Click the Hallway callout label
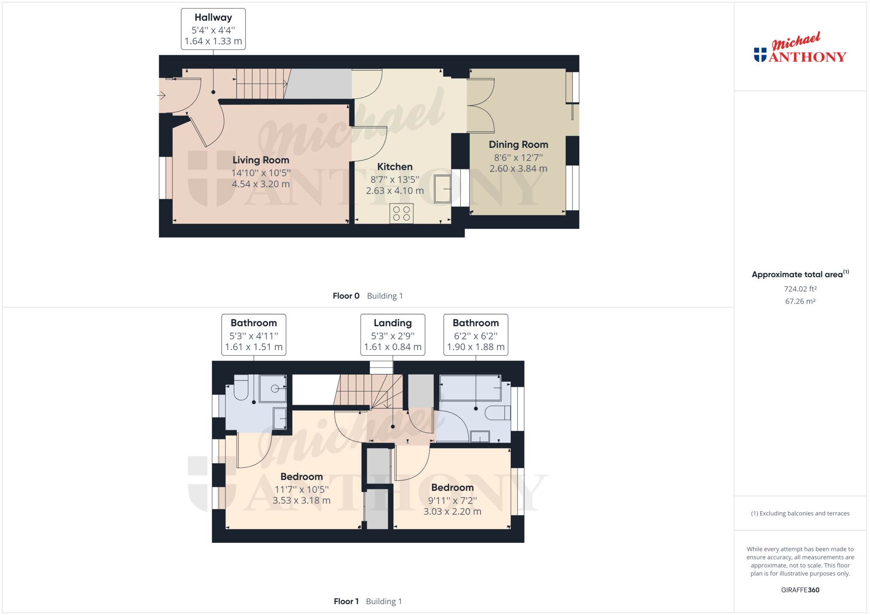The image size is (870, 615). [213, 29]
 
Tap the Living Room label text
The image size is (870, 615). [261, 160]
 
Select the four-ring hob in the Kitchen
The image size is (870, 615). [401, 213]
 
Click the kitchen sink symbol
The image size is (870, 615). [443, 188]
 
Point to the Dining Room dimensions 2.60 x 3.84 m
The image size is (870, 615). [519, 169]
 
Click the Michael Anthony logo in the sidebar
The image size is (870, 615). [800, 48]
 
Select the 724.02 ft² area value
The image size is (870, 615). [800, 289]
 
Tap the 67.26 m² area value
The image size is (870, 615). [800, 301]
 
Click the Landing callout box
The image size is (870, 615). [393, 335]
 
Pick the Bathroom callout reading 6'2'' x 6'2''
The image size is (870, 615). [476, 335]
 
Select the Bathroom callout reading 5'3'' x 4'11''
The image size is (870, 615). [253, 335]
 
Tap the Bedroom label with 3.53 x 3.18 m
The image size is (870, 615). [302, 488]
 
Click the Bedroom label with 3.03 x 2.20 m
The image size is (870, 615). [452, 500]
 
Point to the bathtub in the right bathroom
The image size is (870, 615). [470, 388]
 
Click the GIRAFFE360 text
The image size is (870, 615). [800, 590]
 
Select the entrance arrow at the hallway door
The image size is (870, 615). [162, 95]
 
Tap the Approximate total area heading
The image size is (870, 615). [800, 274]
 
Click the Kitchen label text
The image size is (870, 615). [395, 167]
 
